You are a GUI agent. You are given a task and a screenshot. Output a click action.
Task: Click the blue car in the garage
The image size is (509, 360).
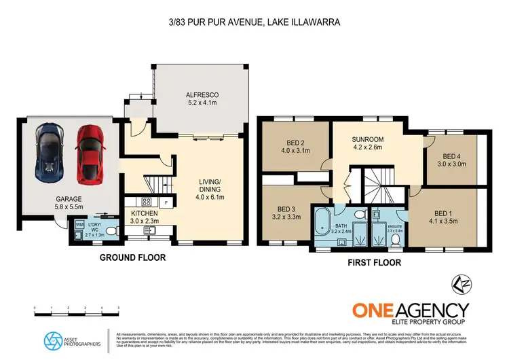point(50,154)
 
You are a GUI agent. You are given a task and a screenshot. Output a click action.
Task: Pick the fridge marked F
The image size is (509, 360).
point(165,202)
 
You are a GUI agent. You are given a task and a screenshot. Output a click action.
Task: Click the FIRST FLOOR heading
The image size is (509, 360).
point(375,262)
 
